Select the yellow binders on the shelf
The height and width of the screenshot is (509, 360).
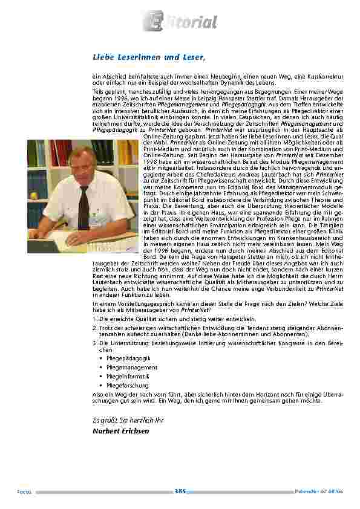coord(127,153)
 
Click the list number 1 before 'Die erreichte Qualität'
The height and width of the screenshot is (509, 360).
coord(94,318)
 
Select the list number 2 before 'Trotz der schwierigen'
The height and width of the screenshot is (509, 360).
coord(94,326)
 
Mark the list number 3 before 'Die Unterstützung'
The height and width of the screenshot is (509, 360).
coord(94,343)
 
